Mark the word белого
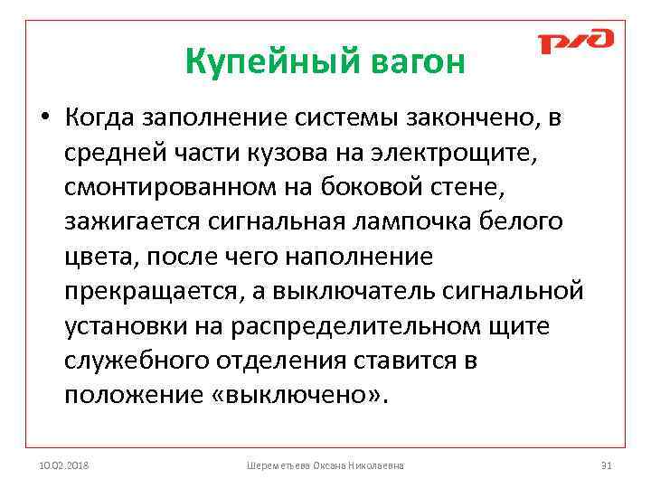click(x=521, y=222)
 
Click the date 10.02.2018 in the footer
click(x=64, y=465)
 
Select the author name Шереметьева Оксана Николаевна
click(x=325, y=465)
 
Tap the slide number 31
click(x=607, y=465)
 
